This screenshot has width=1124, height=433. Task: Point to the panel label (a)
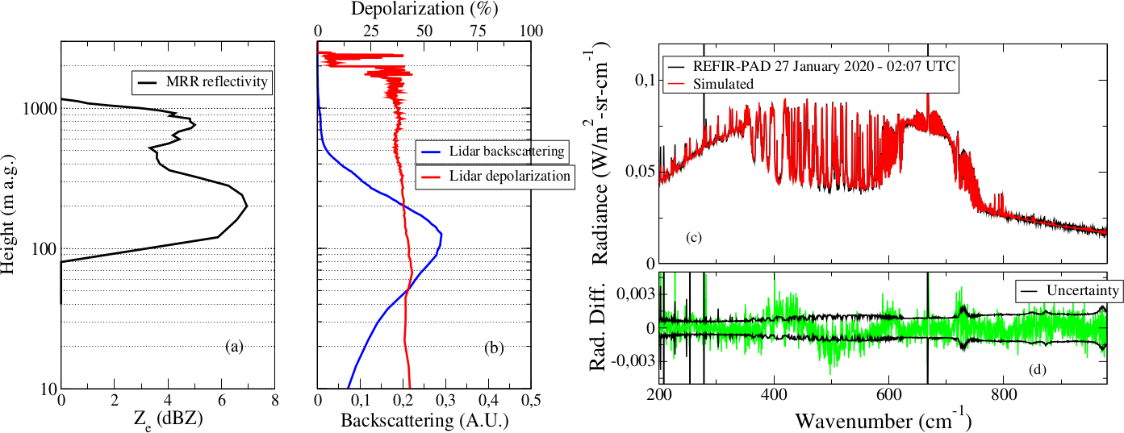[x=234, y=348]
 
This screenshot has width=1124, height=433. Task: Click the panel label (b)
[x=495, y=348]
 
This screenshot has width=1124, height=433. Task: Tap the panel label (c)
[x=693, y=238]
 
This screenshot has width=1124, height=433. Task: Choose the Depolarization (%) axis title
[x=424, y=10]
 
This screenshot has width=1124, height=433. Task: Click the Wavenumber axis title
[x=883, y=420]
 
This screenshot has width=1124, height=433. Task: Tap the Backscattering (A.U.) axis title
[x=425, y=420]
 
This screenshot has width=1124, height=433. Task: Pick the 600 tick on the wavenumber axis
[x=888, y=397]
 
